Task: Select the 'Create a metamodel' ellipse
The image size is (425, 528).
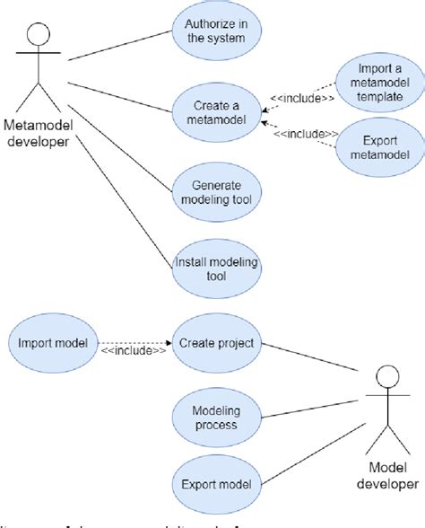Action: (216, 110)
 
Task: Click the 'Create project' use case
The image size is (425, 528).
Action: (216, 342)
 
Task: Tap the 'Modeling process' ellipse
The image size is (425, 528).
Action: (216, 416)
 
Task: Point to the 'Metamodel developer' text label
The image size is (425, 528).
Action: (37, 131)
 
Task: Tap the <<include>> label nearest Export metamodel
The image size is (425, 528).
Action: (306, 134)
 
